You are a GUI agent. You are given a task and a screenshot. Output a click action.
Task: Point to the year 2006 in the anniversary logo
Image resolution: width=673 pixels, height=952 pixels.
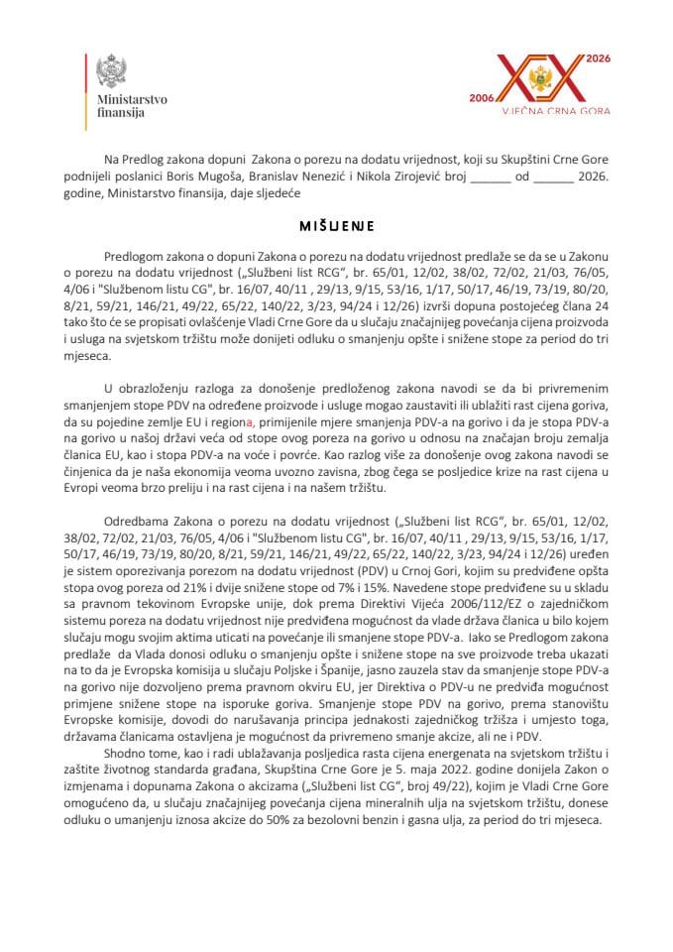click(483, 100)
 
